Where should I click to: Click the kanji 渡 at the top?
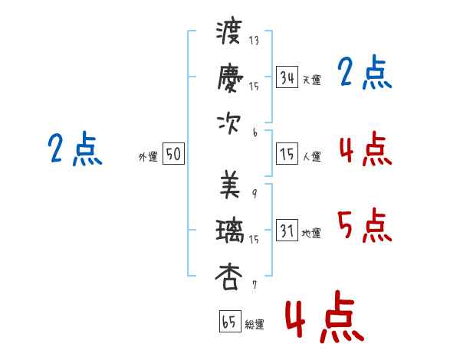(229, 32)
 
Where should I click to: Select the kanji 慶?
(230, 77)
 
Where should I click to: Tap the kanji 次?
(228, 124)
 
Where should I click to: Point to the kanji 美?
(230, 185)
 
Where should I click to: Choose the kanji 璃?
(230, 231)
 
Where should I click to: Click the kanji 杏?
(228, 277)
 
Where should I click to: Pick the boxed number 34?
(287, 77)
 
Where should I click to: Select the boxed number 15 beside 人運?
(287, 154)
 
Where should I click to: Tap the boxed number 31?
(287, 230)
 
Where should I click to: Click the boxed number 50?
(173, 153)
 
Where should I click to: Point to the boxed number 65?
(230, 321)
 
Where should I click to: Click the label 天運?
(312, 80)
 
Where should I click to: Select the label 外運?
(148, 156)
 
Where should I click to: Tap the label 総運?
(255, 325)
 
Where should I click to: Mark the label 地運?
(311, 234)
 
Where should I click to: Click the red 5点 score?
(365, 225)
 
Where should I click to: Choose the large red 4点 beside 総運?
(325, 316)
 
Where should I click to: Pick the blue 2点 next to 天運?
(365, 72)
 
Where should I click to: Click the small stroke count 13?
(254, 40)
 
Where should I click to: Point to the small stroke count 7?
(255, 285)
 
